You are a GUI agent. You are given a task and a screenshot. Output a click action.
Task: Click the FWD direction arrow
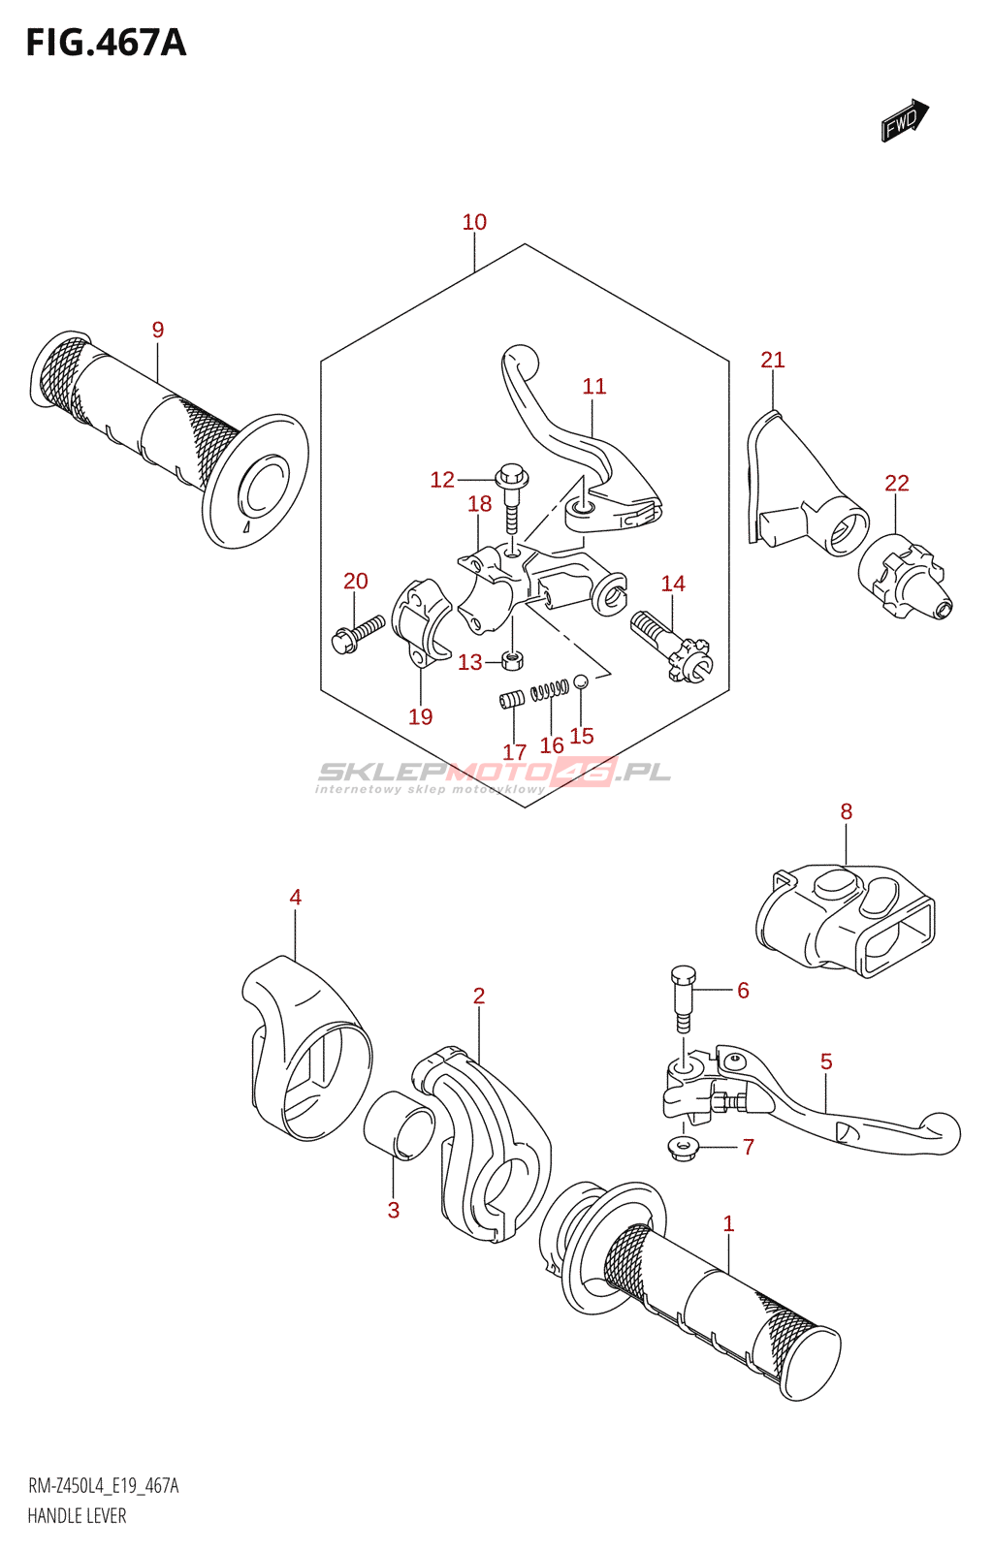[x=904, y=120]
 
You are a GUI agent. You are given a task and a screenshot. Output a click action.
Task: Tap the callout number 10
[x=474, y=222]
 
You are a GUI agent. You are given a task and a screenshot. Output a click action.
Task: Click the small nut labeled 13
[x=513, y=661]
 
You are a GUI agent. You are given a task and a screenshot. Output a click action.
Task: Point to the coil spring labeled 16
[x=550, y=689]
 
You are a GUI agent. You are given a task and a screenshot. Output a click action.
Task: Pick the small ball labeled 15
[x=581, y=681]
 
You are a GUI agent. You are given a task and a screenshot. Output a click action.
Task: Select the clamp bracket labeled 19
[x=420, y=623]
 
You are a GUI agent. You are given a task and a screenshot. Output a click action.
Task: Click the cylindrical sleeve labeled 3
[x=399, y=1124]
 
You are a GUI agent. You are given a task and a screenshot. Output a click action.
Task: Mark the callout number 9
[x=158, y=330]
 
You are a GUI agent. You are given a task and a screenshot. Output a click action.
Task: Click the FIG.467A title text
[x=106, y=43]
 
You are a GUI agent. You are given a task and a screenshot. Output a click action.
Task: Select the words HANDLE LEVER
[x=77, y=1516]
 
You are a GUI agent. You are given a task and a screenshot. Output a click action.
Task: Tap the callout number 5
[x=826, y=1061]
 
